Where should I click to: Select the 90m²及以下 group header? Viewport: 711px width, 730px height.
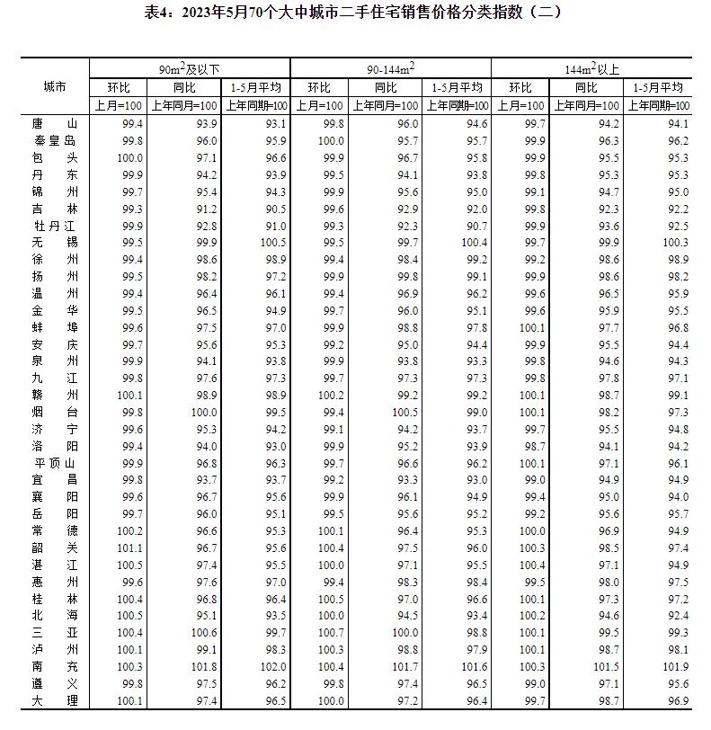(190, 68)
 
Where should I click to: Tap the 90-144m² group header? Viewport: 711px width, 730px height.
(390, 68)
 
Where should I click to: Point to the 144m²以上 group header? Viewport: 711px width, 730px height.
(590, 68)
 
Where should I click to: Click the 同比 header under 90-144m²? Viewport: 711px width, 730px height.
(386, 87)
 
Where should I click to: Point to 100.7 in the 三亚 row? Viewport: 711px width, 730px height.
(331, 633)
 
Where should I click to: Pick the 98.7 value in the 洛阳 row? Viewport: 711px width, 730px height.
(532, 446)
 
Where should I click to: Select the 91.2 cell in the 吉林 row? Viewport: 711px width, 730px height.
(206, 209)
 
